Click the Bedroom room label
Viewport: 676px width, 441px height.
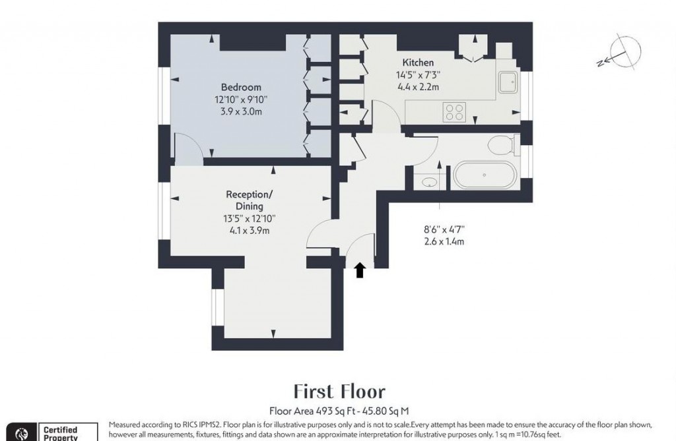pos(241,87)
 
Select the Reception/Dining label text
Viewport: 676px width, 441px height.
pos(249,200)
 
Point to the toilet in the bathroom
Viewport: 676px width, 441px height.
pos(502,144)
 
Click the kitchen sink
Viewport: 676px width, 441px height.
pos(509,82)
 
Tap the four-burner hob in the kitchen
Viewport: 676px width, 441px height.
pos(454,111)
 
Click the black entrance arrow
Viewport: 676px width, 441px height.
pos(360,270)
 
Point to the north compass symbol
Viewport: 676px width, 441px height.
pos(624,53)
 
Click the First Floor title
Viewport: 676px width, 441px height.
pos(339,392)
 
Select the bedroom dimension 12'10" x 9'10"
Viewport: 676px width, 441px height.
pos(241,100)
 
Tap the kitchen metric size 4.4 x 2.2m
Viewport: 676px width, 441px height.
pos(418,86)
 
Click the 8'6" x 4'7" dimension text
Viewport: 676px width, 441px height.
pos(444,230)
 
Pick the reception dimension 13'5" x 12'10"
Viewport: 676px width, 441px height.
pos(249,219)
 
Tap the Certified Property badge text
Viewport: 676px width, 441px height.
pos(61,433)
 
